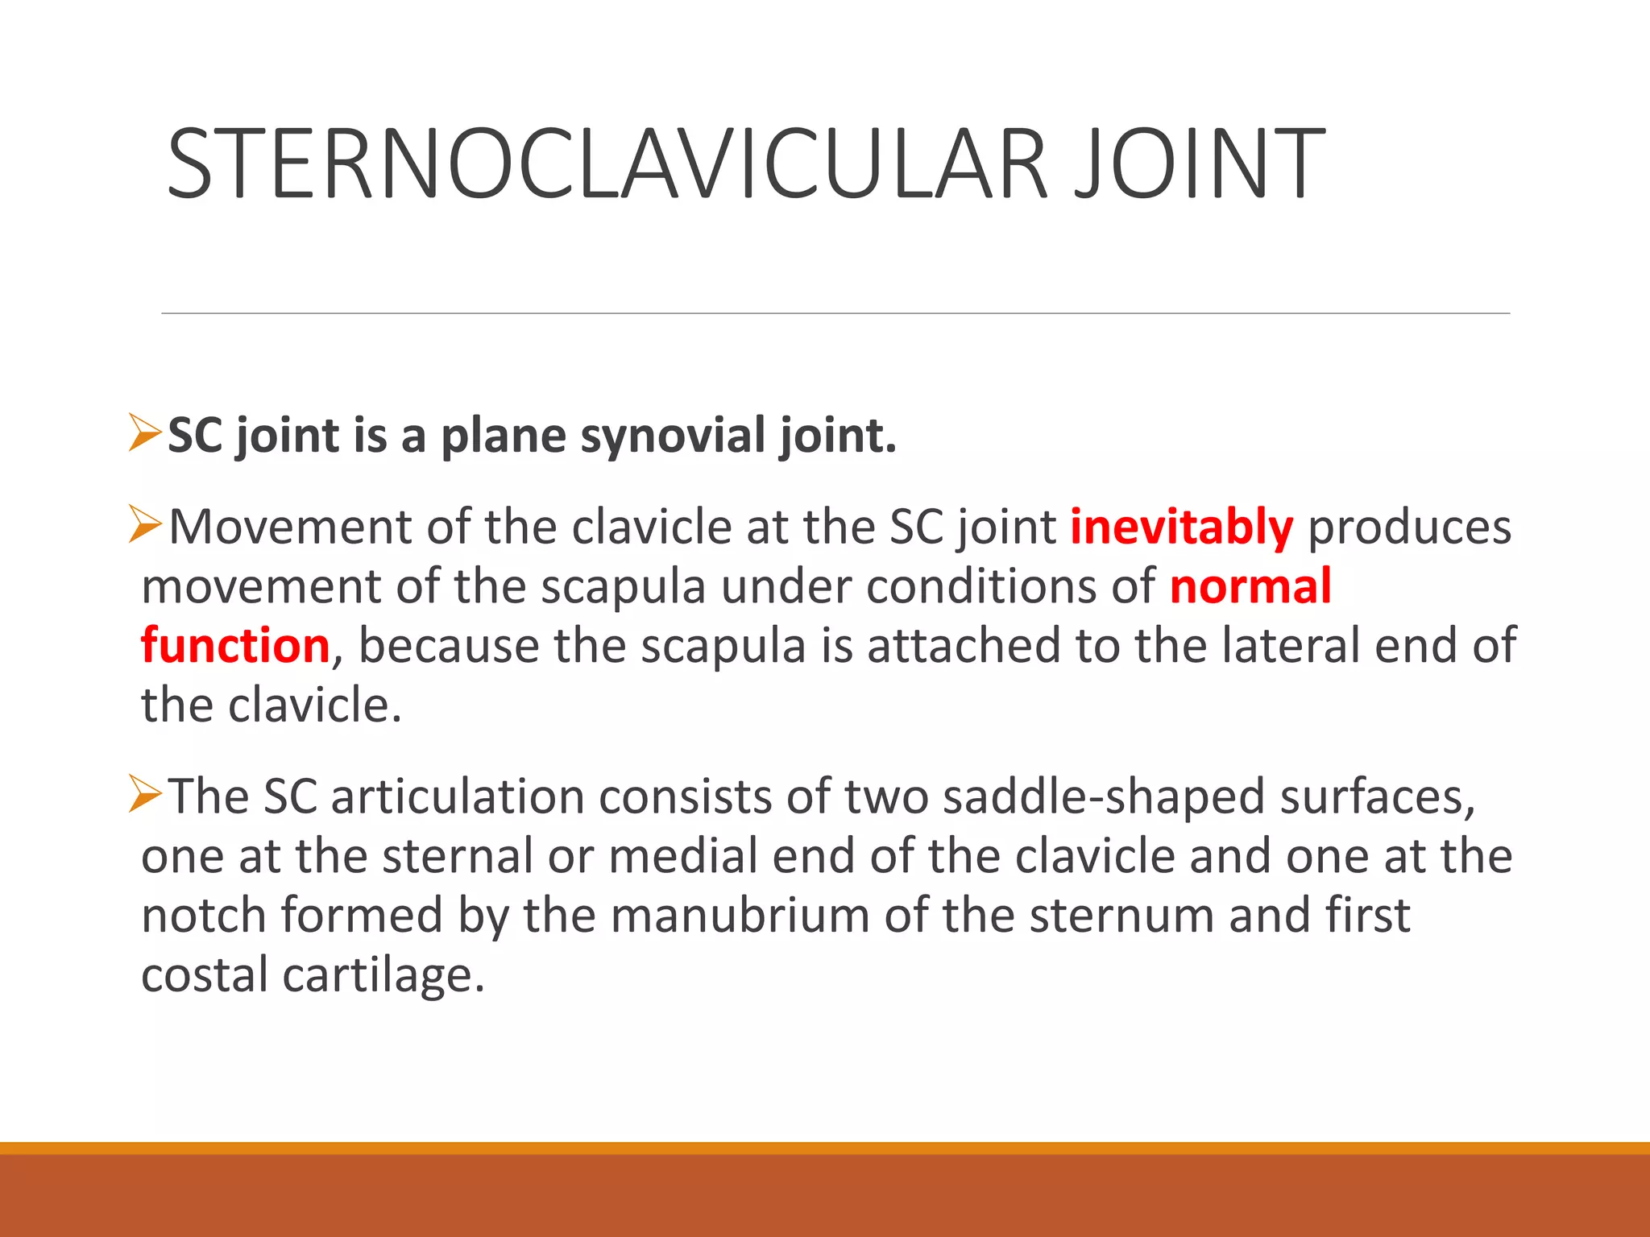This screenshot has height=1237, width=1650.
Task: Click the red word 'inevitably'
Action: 1181,528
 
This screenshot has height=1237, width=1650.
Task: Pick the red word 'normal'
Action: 1250,586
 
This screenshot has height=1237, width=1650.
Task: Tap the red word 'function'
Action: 235,646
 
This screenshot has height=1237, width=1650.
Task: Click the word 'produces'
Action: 1408,528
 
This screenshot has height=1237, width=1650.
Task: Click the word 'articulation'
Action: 457,797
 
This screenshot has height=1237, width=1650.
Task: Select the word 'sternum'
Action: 1121,916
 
